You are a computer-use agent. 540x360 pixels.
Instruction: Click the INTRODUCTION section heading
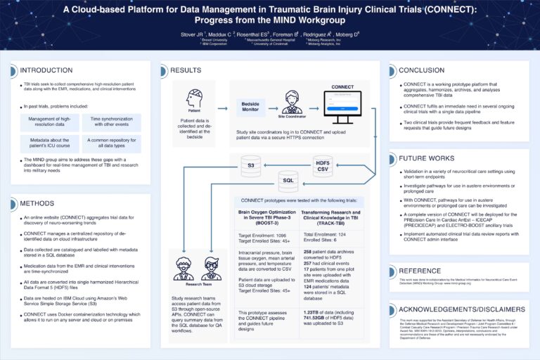click(x=46, y=70)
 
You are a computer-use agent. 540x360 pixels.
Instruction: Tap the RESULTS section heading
click(x=186, y=70)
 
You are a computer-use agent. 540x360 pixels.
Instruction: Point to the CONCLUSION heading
click(x=421, y=70)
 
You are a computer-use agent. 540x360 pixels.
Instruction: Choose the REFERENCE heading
click(x=420, y=270)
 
